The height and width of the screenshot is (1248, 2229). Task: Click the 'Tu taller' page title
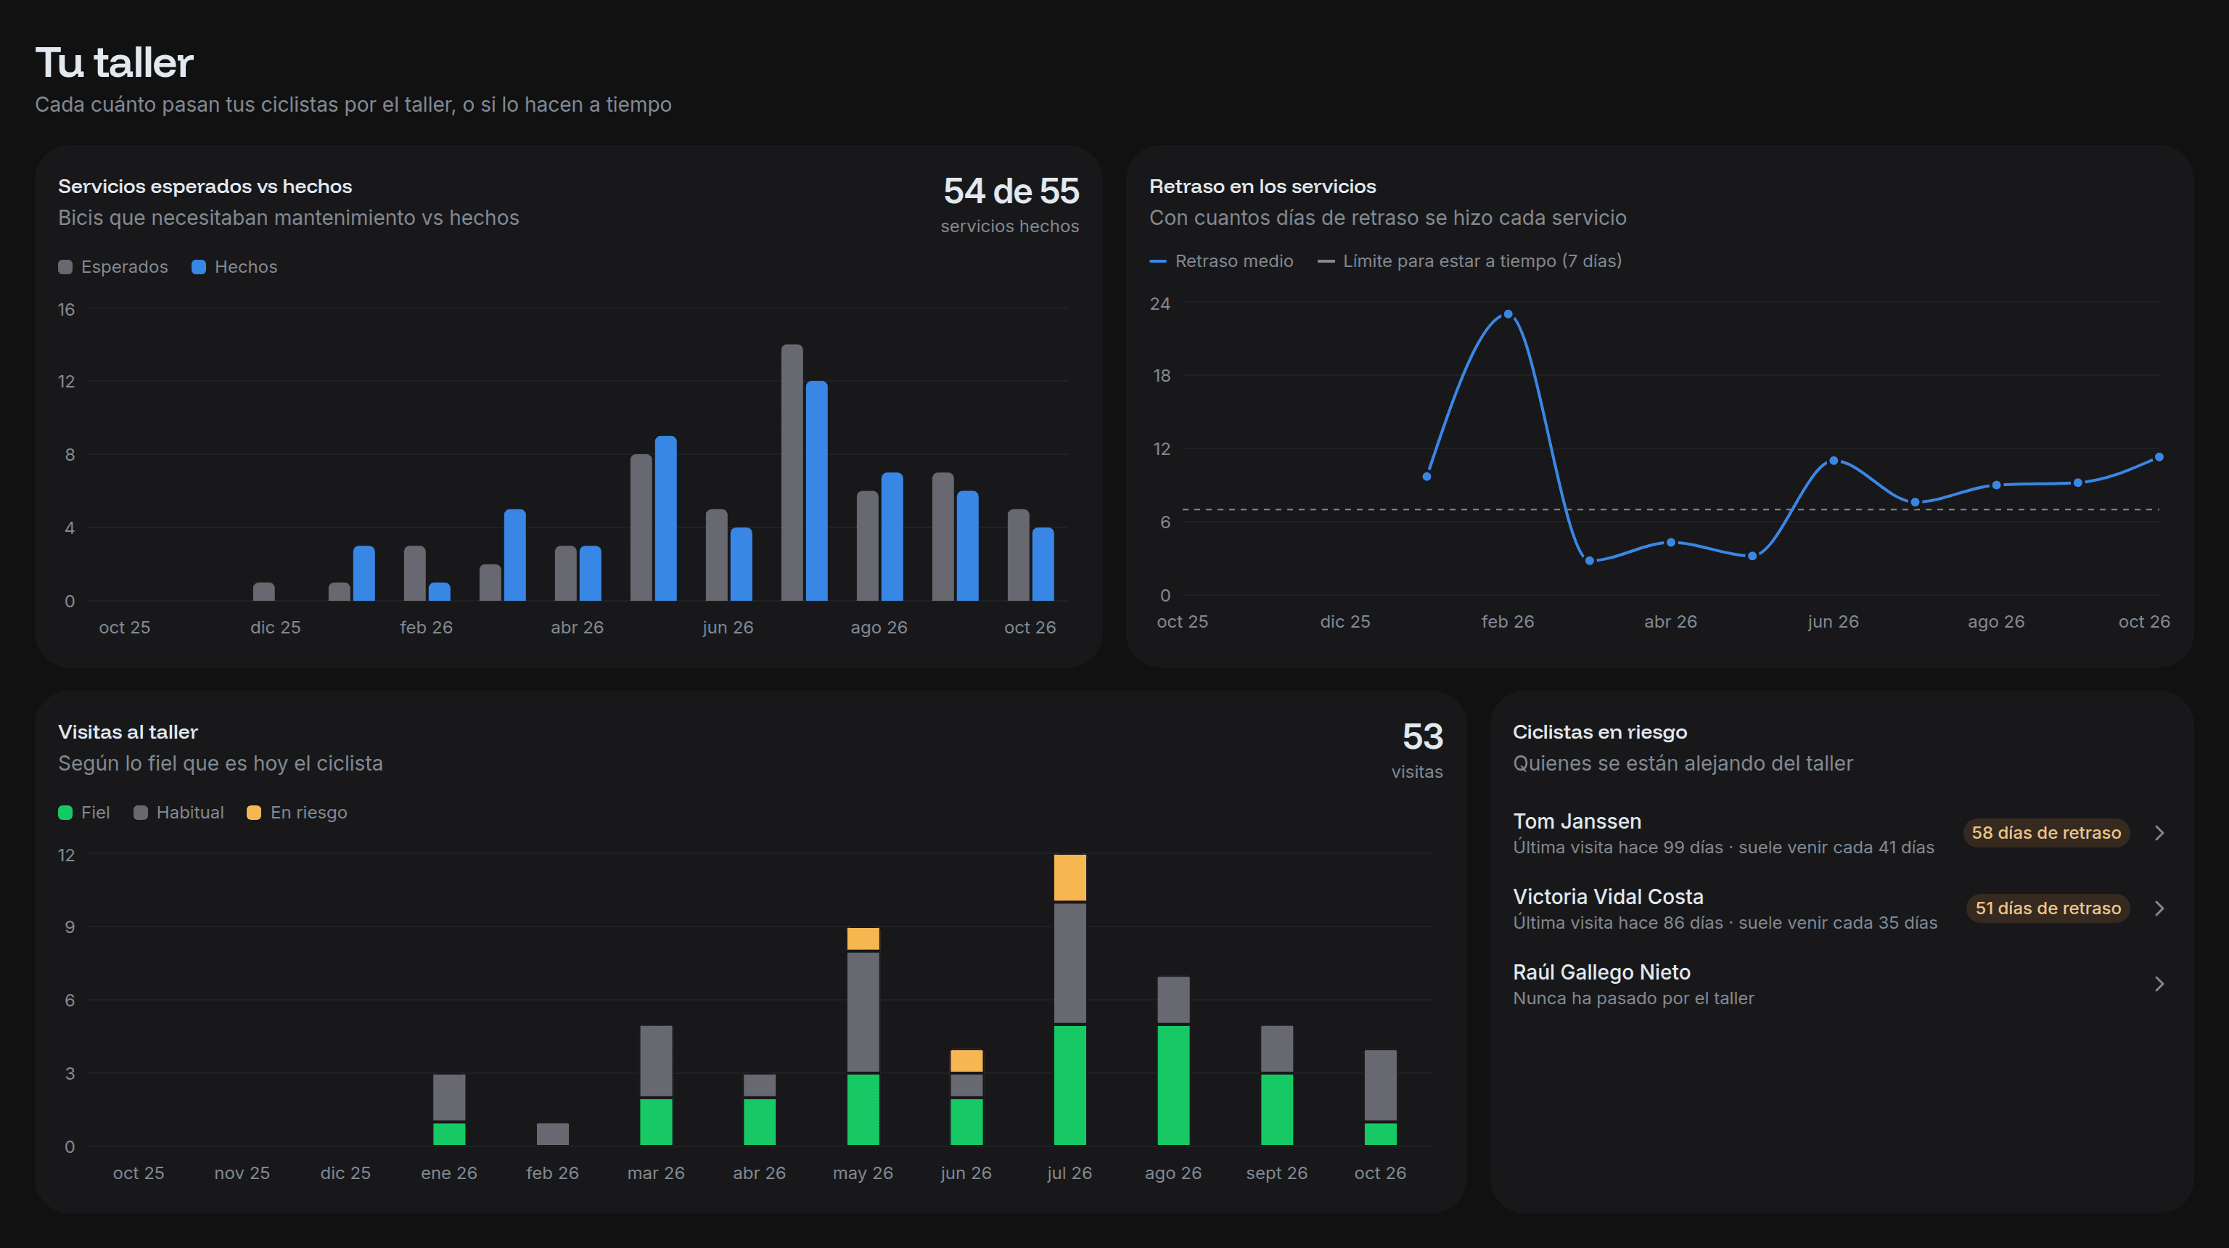coord(114,62)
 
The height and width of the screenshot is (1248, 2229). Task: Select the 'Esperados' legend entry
coord(113,266)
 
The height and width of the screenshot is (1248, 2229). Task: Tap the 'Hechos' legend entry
coord(234,266)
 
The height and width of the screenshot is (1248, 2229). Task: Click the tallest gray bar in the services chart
coord(792,472)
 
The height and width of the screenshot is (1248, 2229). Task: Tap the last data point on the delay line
coord(2159,457)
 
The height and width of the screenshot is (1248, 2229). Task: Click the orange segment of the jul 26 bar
coord(1070,877)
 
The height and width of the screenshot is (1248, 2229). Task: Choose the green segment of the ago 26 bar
coord(1173,1085)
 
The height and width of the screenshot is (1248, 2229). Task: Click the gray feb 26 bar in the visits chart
coord(553,1134)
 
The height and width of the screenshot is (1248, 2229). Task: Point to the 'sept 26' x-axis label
coord(1276,1173)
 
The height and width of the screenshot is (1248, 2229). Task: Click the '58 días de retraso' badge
coord(2046,832)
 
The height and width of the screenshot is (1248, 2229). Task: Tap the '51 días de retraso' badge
coord(2048,908)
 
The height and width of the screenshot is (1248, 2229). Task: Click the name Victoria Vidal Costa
coord(1608,897)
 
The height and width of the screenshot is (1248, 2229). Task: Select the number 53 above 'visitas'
coord(1423,736)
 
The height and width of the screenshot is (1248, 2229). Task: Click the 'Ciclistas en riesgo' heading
coord(1600,732)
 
